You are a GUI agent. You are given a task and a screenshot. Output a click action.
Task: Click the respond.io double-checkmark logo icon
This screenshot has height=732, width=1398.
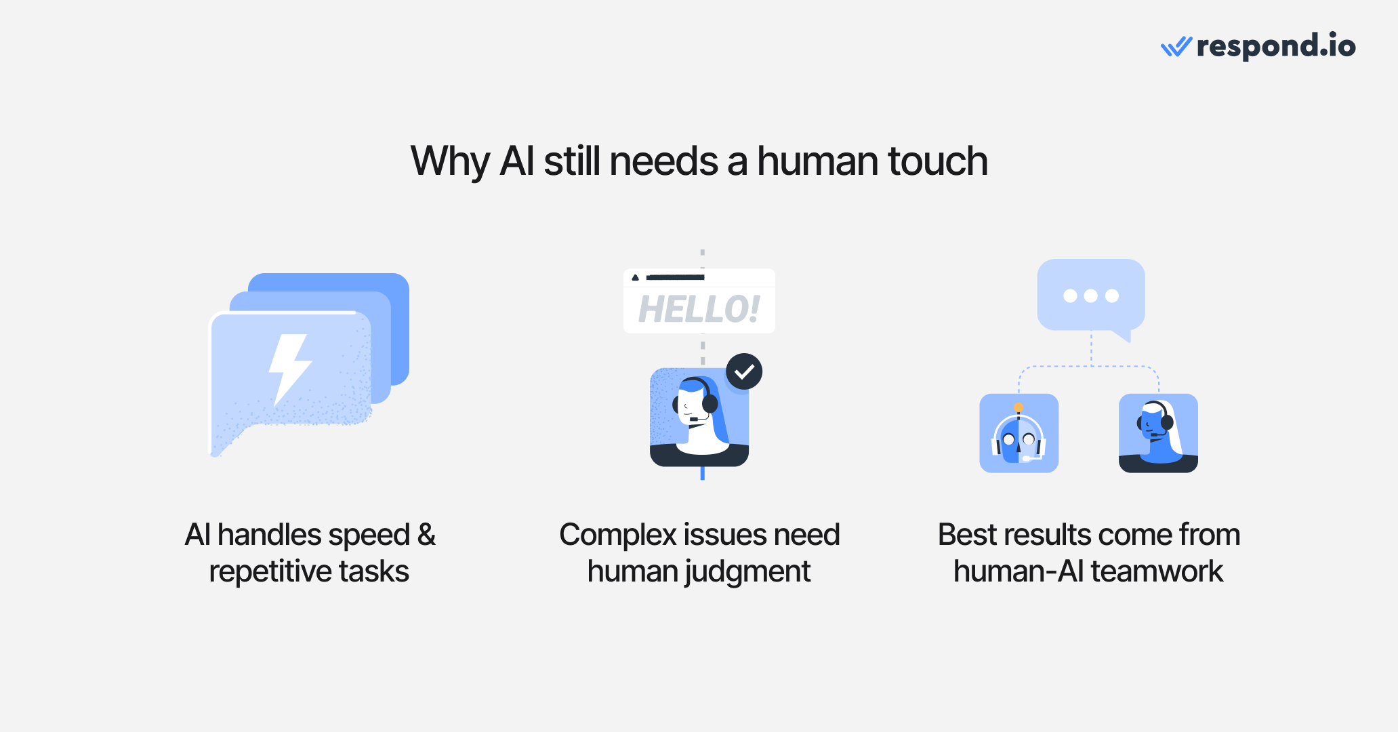(x=1176, y=47)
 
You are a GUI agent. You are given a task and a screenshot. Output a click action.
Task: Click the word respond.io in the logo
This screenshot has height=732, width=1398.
(x=1276, y=46)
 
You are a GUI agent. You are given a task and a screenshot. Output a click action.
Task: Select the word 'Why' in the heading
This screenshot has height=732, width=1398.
(x=449, y=163)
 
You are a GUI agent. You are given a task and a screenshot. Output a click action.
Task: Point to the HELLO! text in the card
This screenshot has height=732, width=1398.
(x=699, y=310)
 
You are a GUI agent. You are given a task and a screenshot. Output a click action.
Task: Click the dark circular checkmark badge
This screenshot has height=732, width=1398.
(x=744, y=371)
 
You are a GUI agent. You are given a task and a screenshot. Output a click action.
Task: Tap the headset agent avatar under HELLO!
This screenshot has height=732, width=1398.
(x=699, y=417)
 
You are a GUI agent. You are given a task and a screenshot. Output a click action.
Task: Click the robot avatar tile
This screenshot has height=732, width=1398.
(x=1019, y=433)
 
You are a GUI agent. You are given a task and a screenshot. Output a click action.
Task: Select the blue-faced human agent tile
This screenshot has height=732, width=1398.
(x=1158, y=433)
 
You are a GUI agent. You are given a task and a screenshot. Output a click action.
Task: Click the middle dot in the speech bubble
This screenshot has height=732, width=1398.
(x=1090, y=296)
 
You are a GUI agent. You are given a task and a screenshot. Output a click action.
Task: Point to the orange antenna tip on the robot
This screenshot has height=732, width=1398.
(x=1019, y=407)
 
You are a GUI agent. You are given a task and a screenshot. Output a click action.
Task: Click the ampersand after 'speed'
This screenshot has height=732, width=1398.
(x=426, y=535)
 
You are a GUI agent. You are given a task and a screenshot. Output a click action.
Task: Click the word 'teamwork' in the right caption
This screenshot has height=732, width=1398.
(x=1157, y=571)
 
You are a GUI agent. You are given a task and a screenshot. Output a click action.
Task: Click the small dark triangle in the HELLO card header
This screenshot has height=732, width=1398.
(x=635, y=277)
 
